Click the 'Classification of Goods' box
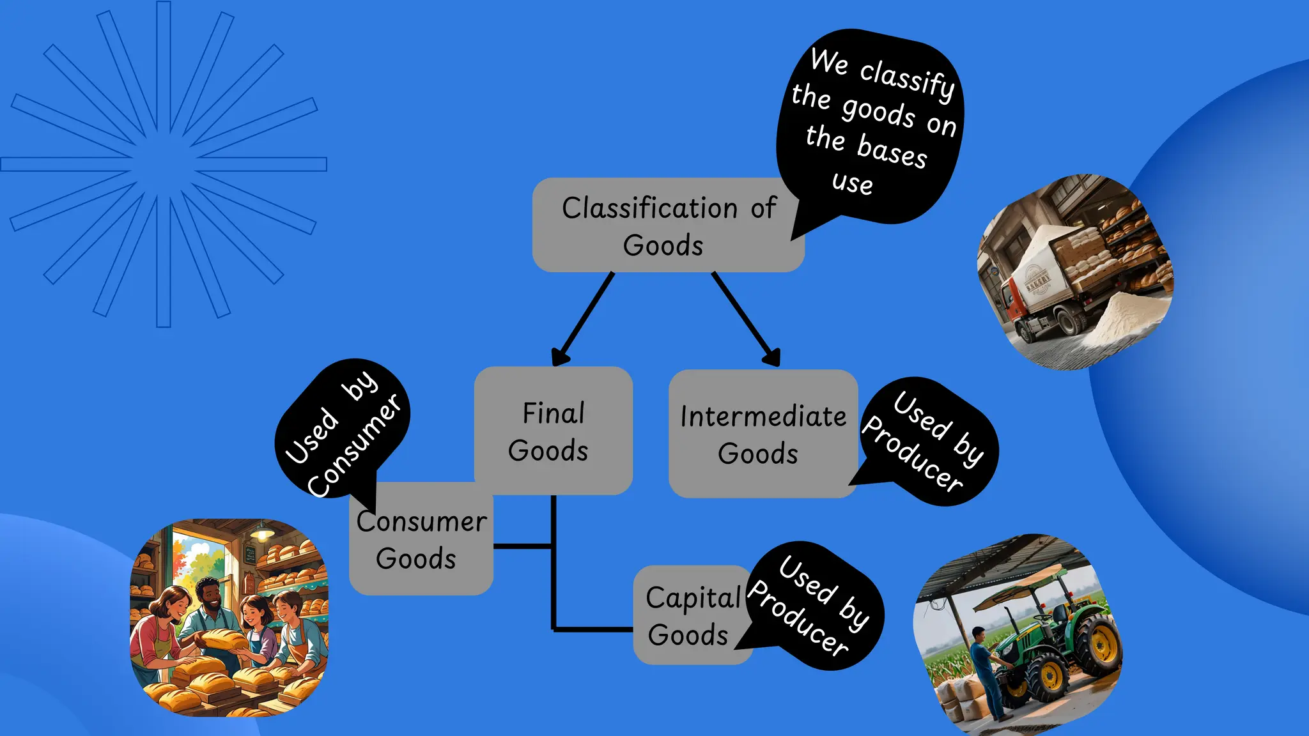click(668, 225)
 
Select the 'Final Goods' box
click(553, 431)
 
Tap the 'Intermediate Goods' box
click(763, 434)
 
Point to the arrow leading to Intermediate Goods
click(746, 319)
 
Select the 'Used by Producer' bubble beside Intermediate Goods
click(927, 441)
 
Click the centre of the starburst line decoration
click(164, 164)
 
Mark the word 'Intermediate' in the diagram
click(763, 417)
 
